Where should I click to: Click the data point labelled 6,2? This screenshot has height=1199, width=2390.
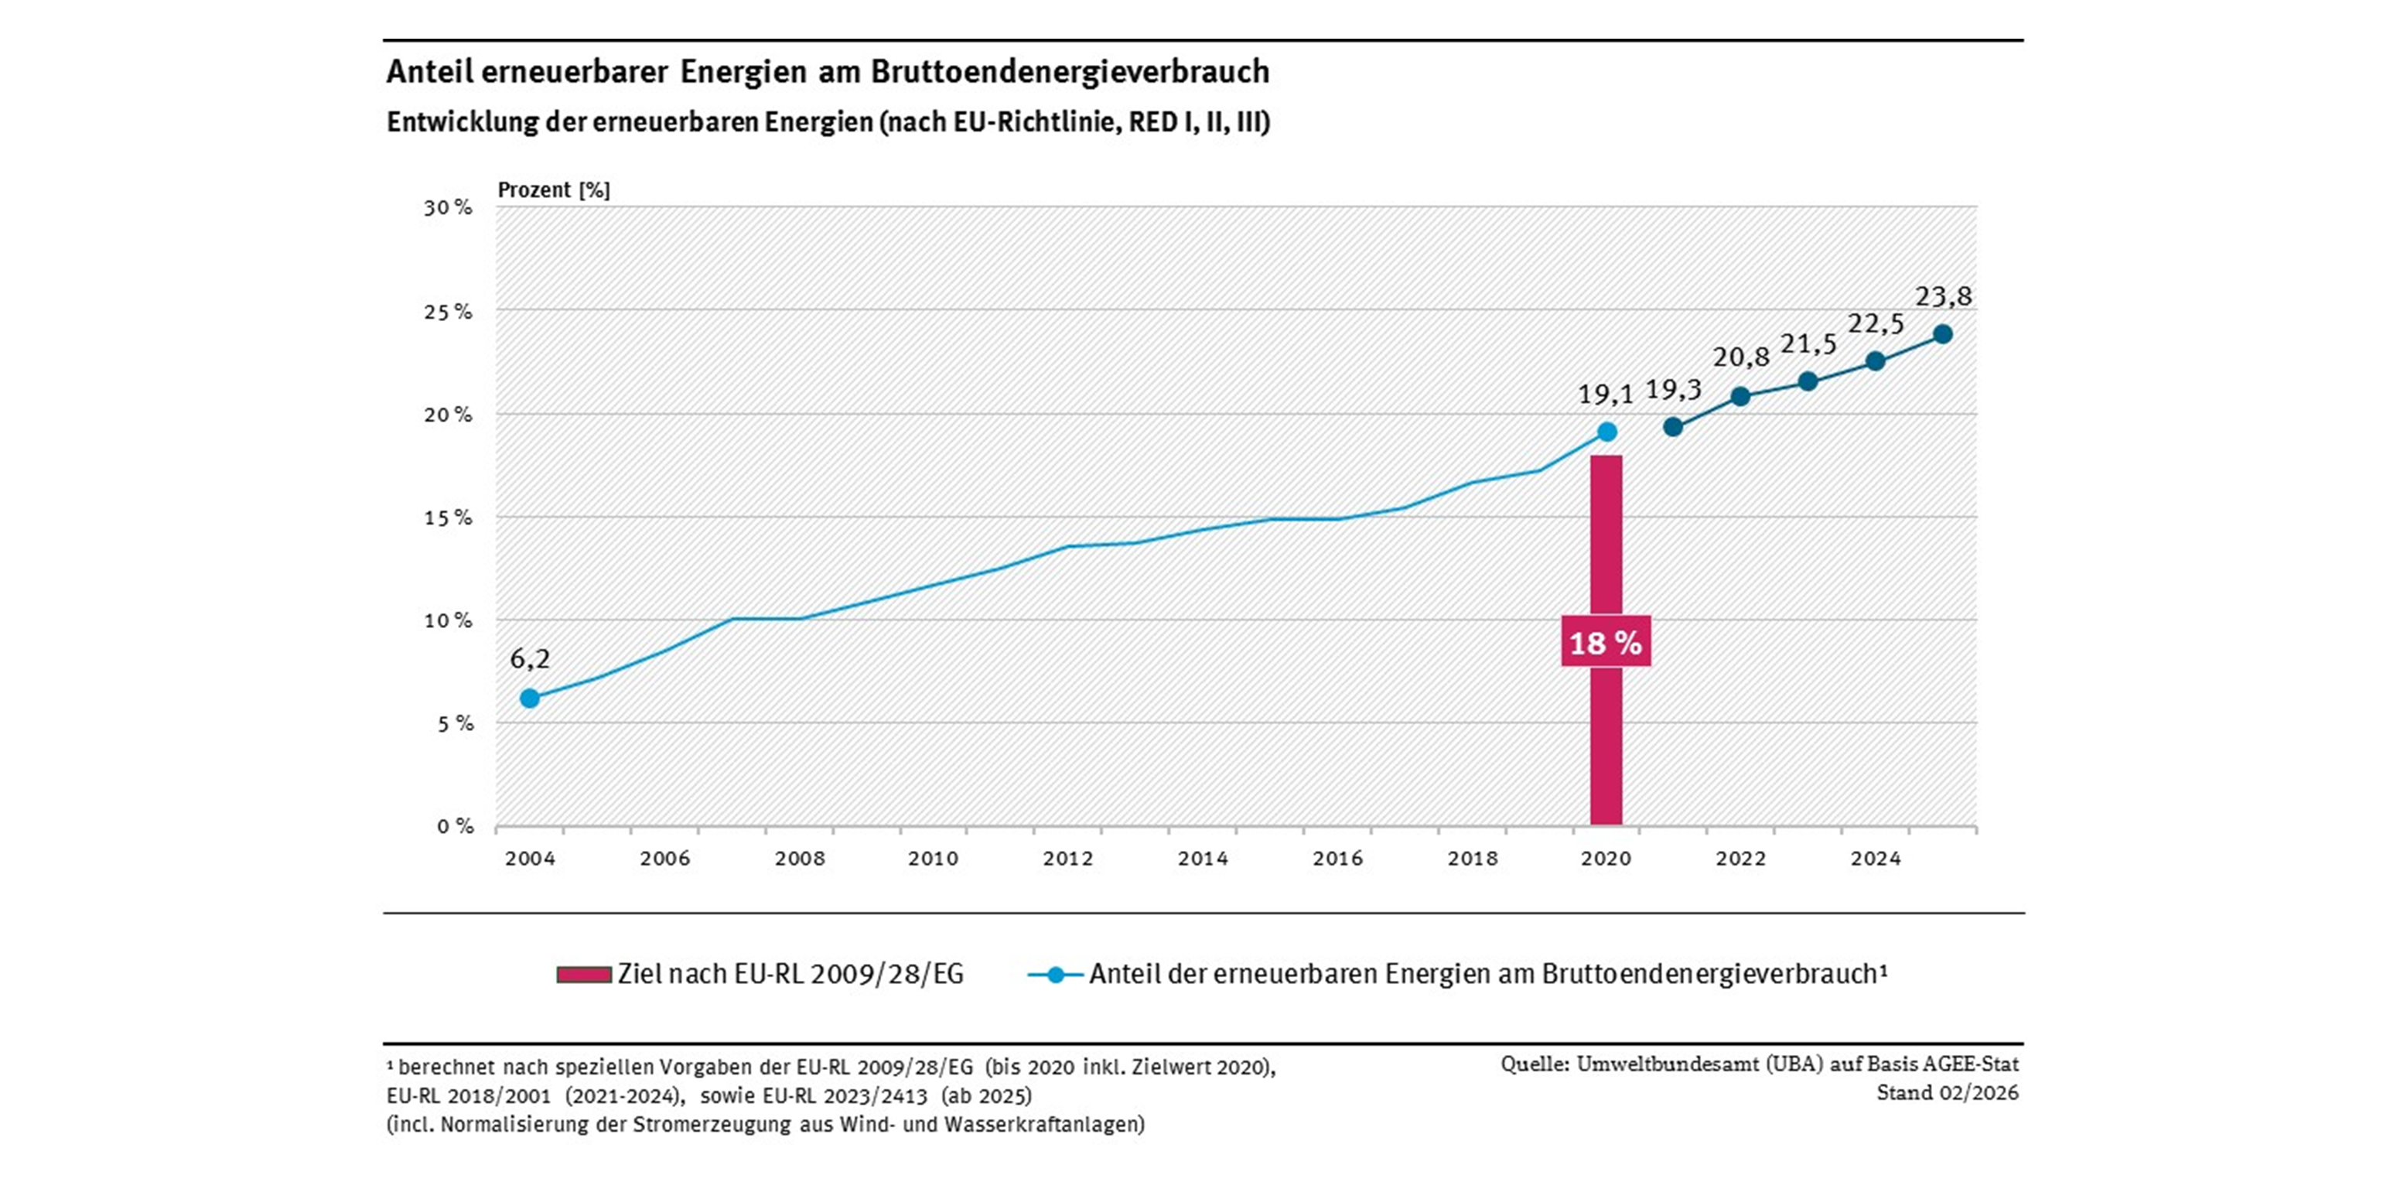coord(530,698)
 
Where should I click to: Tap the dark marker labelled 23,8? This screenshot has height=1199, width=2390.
coord(1943,334)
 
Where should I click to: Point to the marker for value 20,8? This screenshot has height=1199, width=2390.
coord(1740,396)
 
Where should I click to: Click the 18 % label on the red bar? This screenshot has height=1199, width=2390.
coord(1605,642)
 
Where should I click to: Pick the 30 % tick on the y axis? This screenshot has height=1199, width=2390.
coord(448,208)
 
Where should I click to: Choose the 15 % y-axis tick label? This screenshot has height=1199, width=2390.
coord(448,518)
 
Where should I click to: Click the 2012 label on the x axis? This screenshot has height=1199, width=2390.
coord(1068,859)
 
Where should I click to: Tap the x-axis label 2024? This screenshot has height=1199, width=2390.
coord(1875,859)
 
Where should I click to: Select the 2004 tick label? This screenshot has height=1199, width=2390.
coord(530,859)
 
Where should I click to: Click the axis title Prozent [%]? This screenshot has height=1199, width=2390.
coord(554,190)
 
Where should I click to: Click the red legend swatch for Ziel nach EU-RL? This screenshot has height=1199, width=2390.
coord(584,975)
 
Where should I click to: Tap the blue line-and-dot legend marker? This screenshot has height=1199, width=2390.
coord(1055,975)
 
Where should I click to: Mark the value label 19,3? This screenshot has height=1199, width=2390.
coord(1674,389)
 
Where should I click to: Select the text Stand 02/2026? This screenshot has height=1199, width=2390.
coord(1948,1092)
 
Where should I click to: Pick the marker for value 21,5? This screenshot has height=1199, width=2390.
coord(1808,381)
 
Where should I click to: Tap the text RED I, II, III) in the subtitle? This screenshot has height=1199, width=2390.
coord(1199,121)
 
